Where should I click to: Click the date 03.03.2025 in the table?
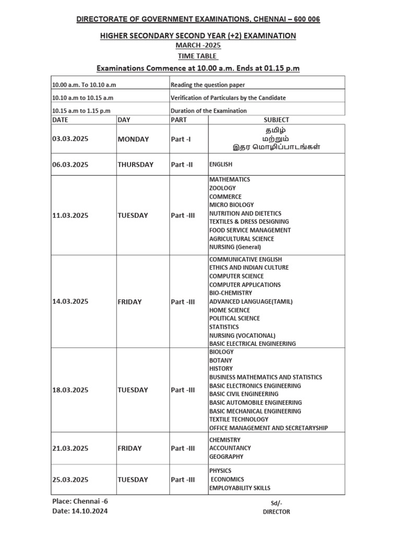point(70,139)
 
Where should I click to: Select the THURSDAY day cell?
point(135,165)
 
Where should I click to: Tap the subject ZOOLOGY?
point(222,188)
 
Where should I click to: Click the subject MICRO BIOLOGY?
point(231,205)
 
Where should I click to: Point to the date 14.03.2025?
point(70,301)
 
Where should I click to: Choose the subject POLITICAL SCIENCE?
point(234,318)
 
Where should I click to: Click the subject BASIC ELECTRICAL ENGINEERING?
point(252,344)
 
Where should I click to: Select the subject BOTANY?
point(221,360)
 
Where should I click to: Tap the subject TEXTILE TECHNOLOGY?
point(239,420)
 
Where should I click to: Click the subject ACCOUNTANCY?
point(230,448)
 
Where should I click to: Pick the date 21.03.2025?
point(70,448)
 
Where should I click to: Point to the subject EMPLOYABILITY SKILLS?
point(240,488)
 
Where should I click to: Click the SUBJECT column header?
point(276,120)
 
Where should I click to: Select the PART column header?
point(179,120)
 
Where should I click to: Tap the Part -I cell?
point(181,139)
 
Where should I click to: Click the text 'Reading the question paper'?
point(208,85)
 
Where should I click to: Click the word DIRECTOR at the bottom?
point(276,512)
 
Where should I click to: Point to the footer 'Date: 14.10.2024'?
point(80,511)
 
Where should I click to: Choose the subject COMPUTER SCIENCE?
point(237,276)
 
